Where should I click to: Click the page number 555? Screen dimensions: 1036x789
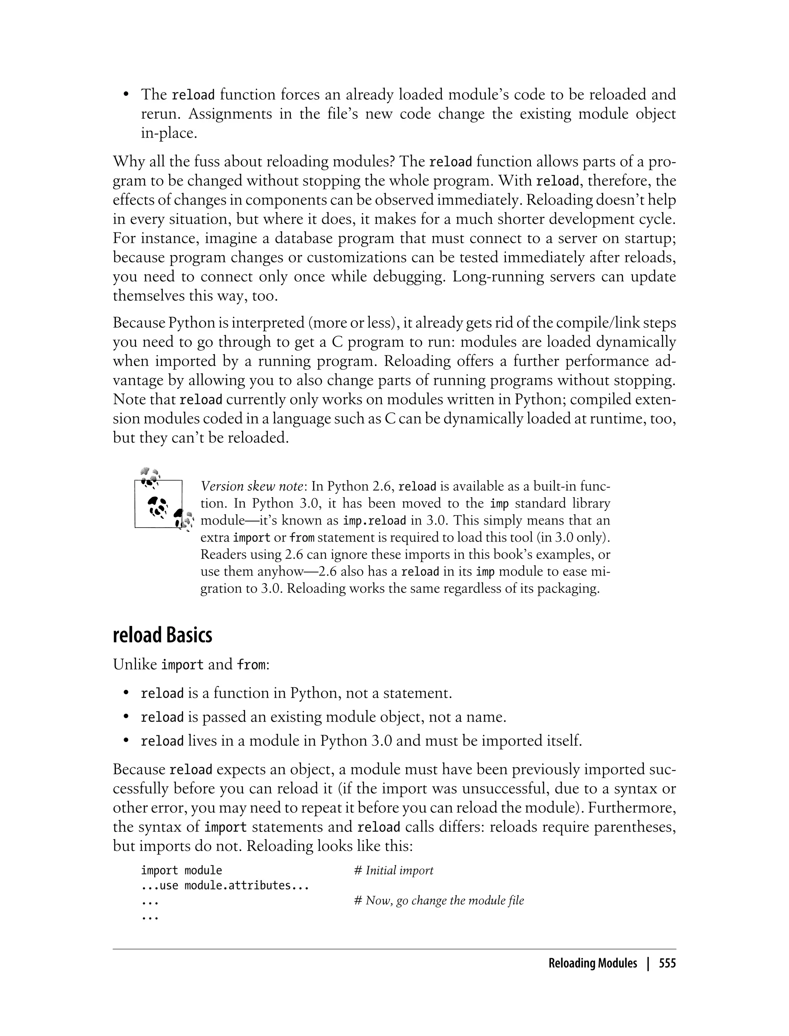click(x=667, y=964)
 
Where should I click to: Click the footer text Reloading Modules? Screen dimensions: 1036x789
click(x=593, y=964)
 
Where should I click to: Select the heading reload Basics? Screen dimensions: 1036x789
click(x=163, y=635)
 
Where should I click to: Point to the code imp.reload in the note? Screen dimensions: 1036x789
click(x=374, y=521)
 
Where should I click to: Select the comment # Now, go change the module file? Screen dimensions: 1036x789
click(x=439, y=901)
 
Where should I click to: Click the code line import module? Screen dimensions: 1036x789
click(x=181, y=871)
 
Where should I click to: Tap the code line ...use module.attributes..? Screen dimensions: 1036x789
click(x=225, y=886)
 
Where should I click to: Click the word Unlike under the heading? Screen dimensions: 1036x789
click(x=135, y=665)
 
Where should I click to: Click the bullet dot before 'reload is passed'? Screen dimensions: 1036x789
click(x=126, y=717)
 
